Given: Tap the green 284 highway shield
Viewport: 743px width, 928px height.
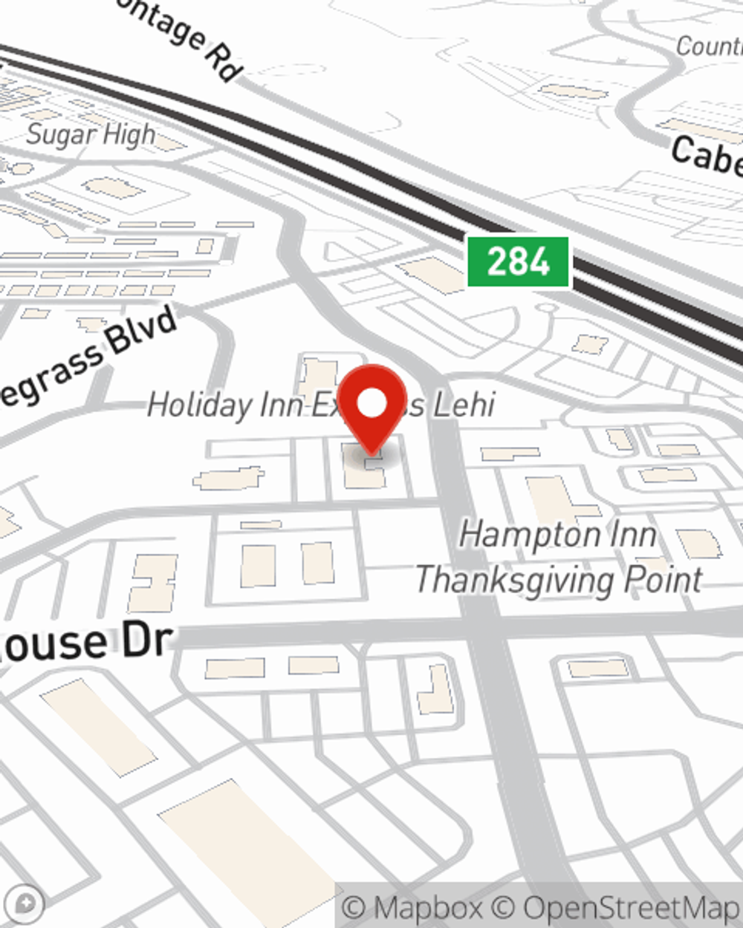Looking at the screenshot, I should [x=518, y=262].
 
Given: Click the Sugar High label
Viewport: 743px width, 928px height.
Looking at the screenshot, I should [x=91, y=135].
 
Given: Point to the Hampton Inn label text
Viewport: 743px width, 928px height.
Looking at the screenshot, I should [x=557, y=535].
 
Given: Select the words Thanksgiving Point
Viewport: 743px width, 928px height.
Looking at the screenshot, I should [x=558, y=580].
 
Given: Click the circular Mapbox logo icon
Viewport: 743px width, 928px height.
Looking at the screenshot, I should [x=27, y=904].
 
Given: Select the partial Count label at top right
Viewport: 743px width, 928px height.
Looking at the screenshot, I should [x=709, y=46].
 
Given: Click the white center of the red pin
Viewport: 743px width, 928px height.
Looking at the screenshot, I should [x=371, y=404].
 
